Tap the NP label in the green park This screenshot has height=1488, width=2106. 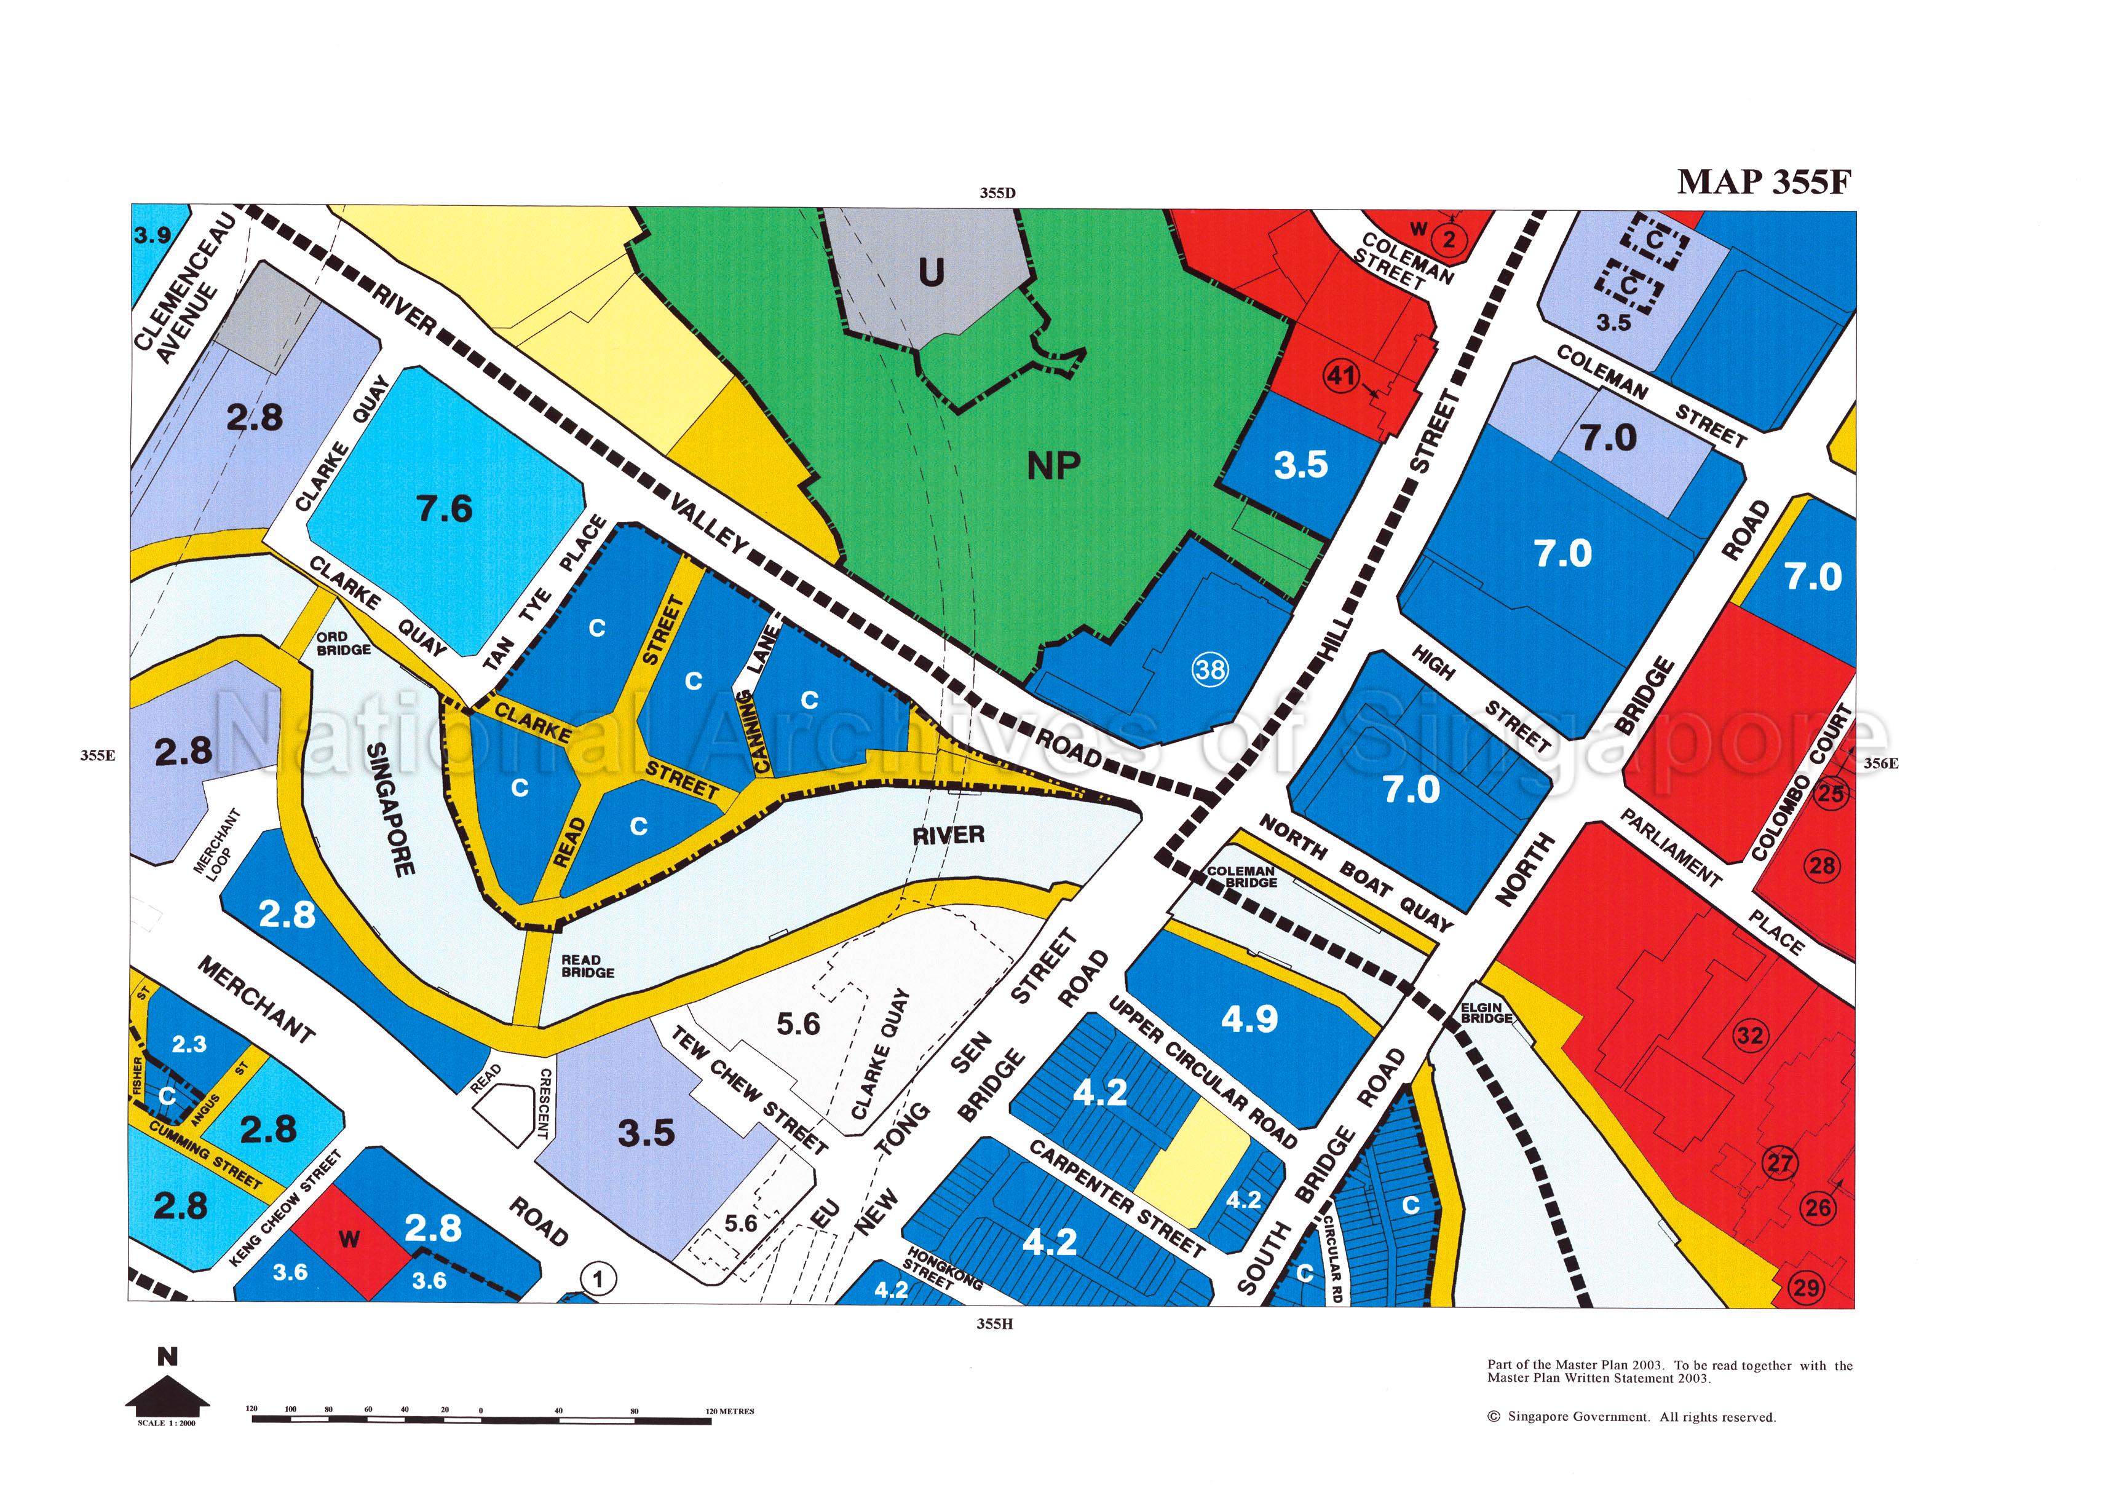(x=1053, y=466)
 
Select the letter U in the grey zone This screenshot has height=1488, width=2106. (x=931, y=272)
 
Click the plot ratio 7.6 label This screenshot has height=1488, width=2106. (x=445, y=508)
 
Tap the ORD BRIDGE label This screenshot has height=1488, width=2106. (x=343, y=644)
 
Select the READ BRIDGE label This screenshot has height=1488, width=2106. (x=587, y=966)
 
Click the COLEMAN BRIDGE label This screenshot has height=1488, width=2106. (x=1242, y=876)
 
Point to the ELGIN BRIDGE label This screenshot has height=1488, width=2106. (x=1486, y=1013)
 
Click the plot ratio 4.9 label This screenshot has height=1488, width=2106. (x=1249, y=1018)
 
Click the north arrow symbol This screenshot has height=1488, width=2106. (x=167, y=1386)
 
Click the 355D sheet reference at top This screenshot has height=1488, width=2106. (x=997, y=192)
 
